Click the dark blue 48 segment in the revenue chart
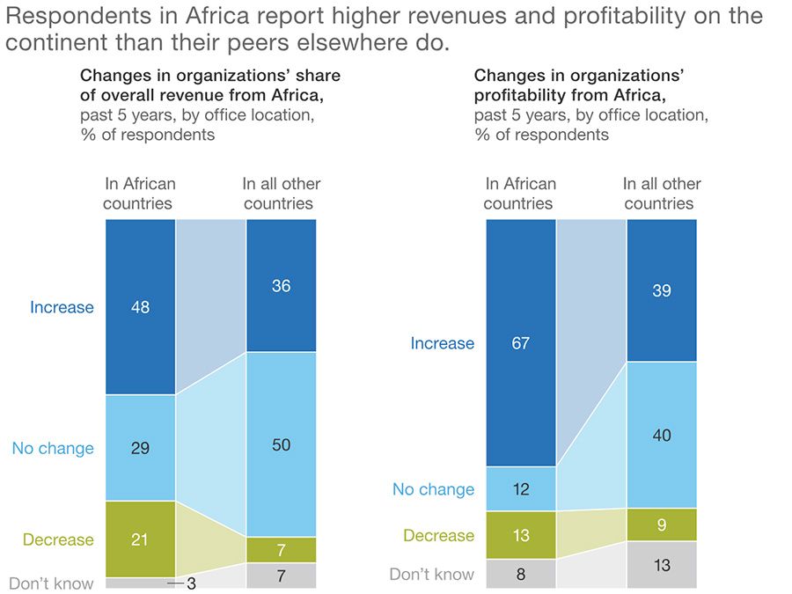[140, 306]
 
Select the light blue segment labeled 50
[281, 444]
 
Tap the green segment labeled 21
[140, 539]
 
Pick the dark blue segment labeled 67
[520, 342]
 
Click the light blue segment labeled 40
[661, 435]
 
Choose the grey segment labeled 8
[520, 574]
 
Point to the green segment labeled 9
[661, 524]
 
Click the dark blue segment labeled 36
[281, 285]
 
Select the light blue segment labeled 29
[140, 447]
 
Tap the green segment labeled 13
[520, 535]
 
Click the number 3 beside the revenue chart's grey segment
[191, 583]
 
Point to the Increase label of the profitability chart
[442, 343]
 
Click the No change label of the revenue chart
[53, 448]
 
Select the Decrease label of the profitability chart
[438, 535]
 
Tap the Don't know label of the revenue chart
[51, 583]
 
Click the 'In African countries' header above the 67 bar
[520, 194]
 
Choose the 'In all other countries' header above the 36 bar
[281, 194]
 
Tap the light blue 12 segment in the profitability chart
[520, 488]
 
